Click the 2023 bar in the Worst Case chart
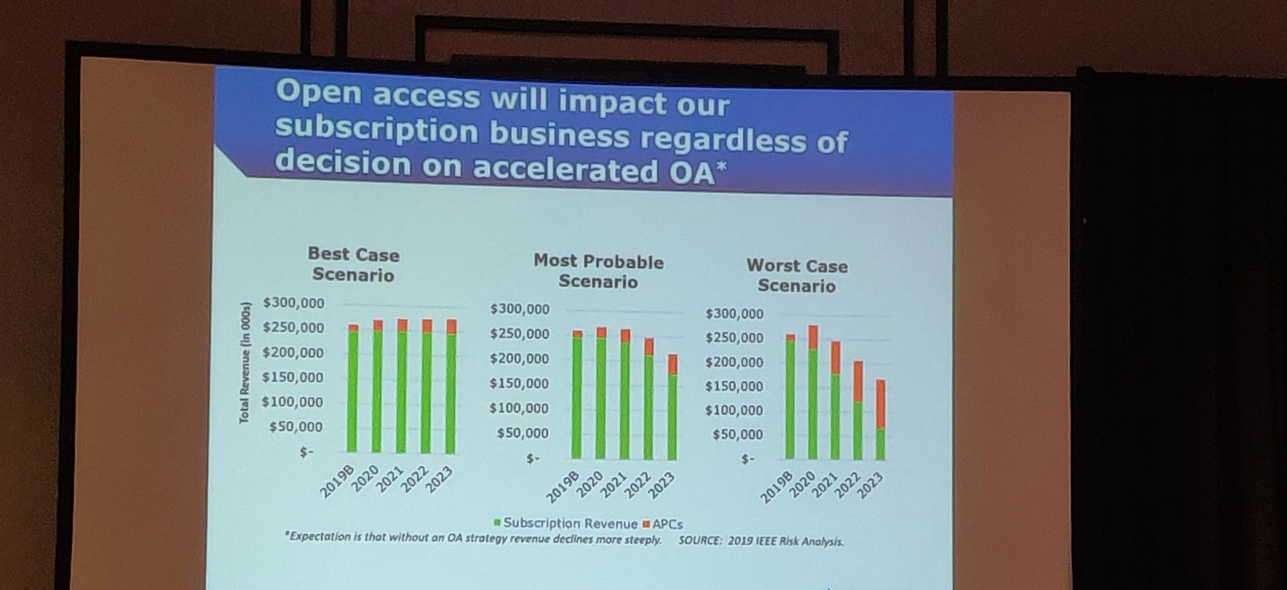[881, 420]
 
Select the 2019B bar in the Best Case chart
[353, 388]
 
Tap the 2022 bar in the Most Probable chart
[649, 399]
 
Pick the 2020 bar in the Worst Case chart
[813, 392]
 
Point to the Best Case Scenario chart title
[354, 264]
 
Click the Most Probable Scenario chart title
[598, 271]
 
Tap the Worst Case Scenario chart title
[797, 275]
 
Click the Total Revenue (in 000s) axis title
[245, 363]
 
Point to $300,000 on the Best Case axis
[293, 303]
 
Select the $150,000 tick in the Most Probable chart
[519, 384]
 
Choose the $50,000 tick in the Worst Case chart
[737, 435]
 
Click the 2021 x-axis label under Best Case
[390, 480]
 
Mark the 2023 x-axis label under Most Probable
[661, 485]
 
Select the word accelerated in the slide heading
[565, 169]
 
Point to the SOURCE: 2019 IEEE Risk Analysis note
[761, 541]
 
